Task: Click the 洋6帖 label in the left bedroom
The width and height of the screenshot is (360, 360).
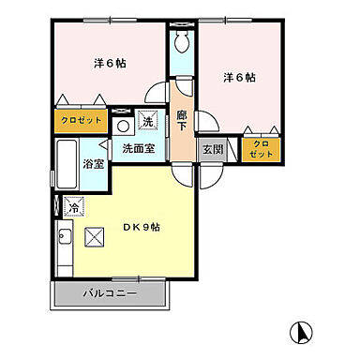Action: point(110,63)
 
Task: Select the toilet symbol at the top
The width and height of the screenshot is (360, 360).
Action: point(182,41)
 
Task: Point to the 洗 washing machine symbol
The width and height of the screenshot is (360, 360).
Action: point(146,121)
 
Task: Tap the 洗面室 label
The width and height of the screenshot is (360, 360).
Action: point(137,148)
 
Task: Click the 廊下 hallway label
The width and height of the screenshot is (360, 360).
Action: point(182,119)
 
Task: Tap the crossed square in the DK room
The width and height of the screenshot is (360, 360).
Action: point(94,238)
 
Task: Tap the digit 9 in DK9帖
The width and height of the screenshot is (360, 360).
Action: point(143,226)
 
